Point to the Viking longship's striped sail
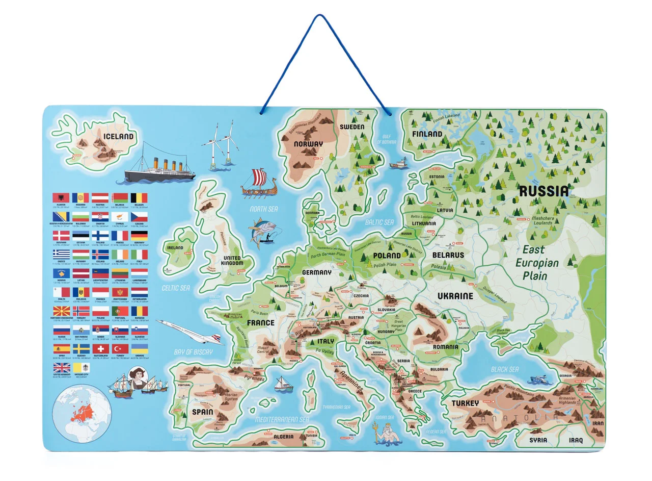coord(259,177)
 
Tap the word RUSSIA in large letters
coord(543,191)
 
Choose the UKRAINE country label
coord(455,296)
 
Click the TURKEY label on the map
coord(465,403)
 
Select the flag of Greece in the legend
coord(61,254)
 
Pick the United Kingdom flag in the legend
coord(61,368)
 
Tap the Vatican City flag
coord(81,368)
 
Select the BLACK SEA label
coord(504,369)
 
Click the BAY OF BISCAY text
coord(193,352)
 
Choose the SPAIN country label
coord(202,412)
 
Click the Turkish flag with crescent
coord(121,349)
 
